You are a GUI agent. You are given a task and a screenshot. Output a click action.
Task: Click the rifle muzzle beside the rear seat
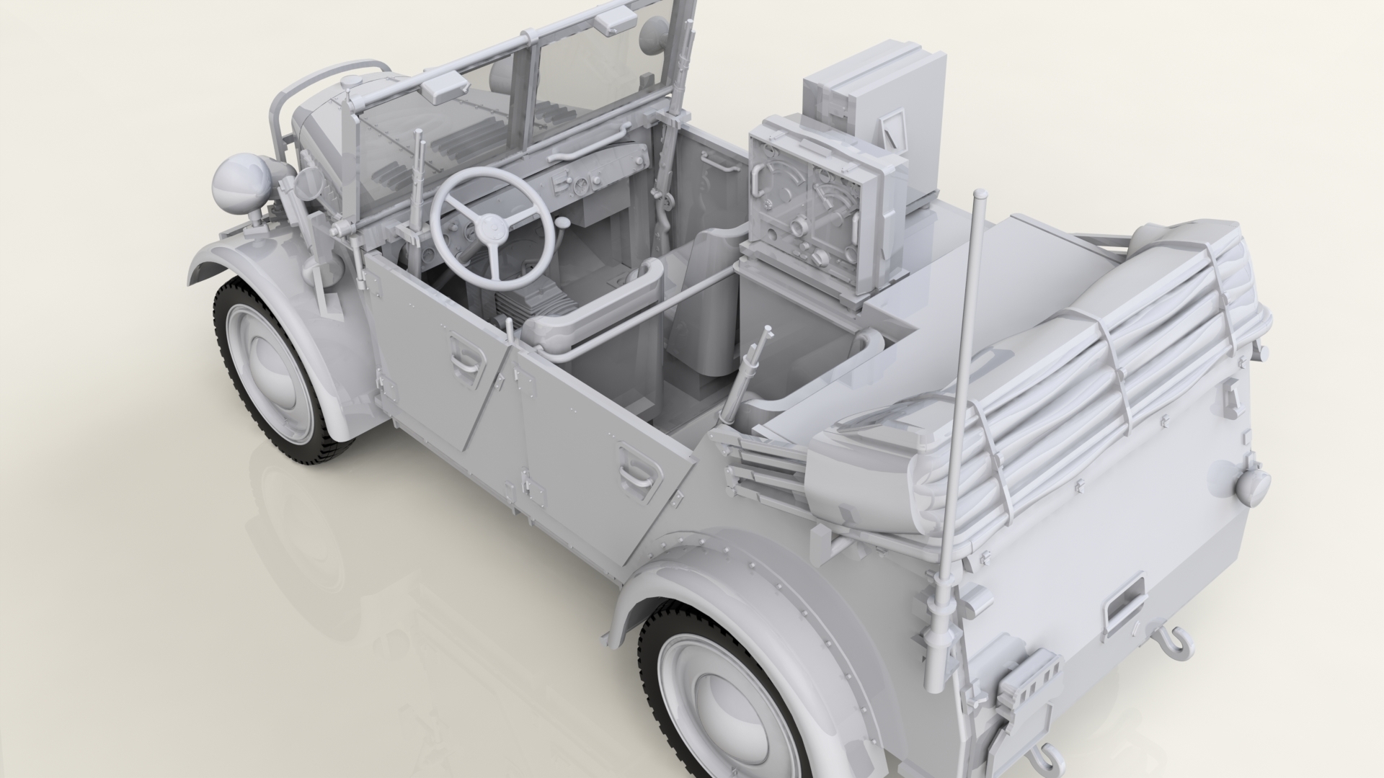point(766,332)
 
